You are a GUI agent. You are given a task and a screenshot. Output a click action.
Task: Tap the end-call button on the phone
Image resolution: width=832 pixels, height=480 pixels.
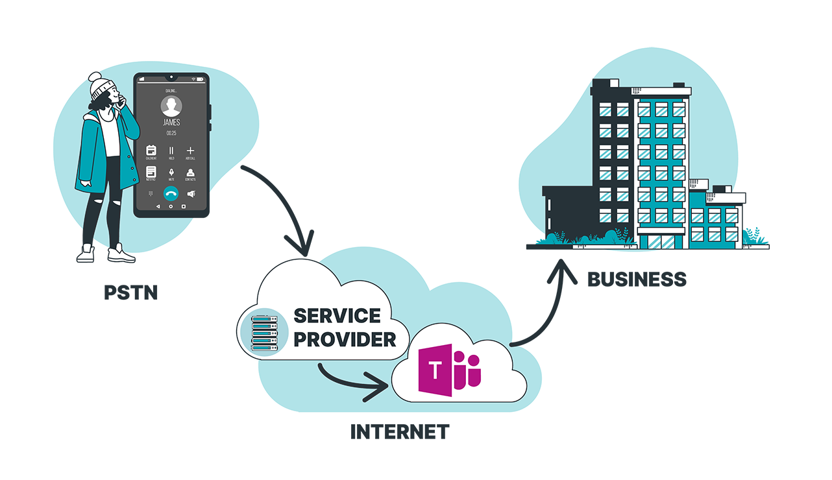(171, 193)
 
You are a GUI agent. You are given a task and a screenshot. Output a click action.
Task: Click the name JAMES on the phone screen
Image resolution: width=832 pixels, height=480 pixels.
(171, 122)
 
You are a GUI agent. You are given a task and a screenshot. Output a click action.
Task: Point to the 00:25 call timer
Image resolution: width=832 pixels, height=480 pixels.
(171, 133)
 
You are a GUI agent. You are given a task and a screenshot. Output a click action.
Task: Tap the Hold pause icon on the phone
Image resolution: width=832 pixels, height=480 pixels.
(171, 150)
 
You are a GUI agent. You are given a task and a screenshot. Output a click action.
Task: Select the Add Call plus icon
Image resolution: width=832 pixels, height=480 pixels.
(191, 150)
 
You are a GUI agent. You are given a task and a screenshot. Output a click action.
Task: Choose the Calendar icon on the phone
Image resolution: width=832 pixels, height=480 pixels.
(151, 150)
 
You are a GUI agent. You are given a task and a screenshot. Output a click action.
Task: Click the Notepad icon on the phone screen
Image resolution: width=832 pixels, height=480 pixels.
(151, 172)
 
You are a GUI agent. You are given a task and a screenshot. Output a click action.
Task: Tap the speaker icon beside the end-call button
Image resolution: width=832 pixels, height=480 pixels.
(191, 193)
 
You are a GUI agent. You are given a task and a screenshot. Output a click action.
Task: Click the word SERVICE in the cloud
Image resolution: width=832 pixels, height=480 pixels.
(337, 316)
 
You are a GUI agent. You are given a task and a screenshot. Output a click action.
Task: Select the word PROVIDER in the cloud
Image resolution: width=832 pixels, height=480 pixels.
(345, 339)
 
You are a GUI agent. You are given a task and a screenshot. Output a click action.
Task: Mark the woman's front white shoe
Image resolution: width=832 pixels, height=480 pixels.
(121, 254)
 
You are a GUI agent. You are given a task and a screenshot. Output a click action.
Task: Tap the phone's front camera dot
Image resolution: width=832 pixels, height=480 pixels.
(171, 78)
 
